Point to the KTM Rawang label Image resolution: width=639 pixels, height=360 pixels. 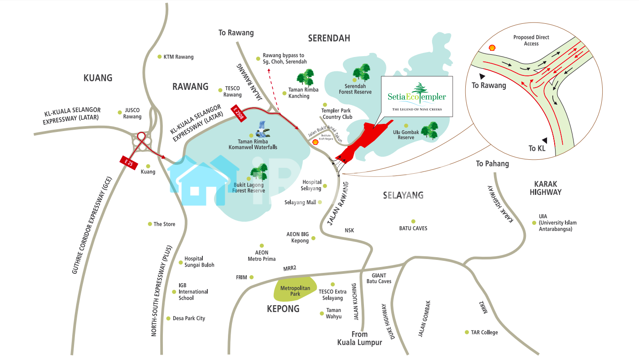(x=178, y=57)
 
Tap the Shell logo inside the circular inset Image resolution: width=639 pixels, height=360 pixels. (x=492, y=48)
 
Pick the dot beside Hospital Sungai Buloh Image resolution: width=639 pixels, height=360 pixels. (x=180, y=262)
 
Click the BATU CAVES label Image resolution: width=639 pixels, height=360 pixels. (x=413, y=228)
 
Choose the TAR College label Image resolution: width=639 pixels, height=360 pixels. (x=484, y=332)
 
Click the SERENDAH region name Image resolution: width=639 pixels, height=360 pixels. (x=329, y=38)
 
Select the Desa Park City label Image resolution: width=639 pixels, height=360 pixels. (x=188, y=318)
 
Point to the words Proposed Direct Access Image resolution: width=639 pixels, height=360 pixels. (x=531, y=40)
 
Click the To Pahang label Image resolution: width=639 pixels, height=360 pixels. (x=492, y=164)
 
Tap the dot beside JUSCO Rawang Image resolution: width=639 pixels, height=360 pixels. (x=120, y=112)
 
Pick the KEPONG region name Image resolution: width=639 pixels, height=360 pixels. (x=283, y=309)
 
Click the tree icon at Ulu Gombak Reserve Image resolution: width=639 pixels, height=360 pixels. (x=429, y=130)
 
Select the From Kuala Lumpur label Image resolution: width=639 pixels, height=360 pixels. (x=359, y=338)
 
